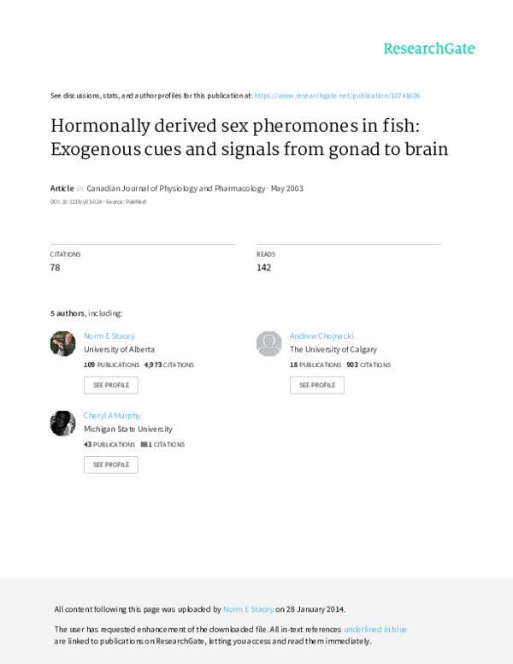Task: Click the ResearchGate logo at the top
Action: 428,48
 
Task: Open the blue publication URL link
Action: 337,96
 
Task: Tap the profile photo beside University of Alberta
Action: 63,344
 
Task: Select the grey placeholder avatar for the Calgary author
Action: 268,344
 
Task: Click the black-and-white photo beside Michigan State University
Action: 63,423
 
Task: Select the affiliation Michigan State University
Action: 128,429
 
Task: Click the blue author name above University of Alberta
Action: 109,336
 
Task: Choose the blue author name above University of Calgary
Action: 321,336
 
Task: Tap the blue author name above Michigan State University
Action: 112,415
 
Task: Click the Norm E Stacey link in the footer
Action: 248,609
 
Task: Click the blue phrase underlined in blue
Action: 375,629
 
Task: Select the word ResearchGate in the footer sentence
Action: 195,641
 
